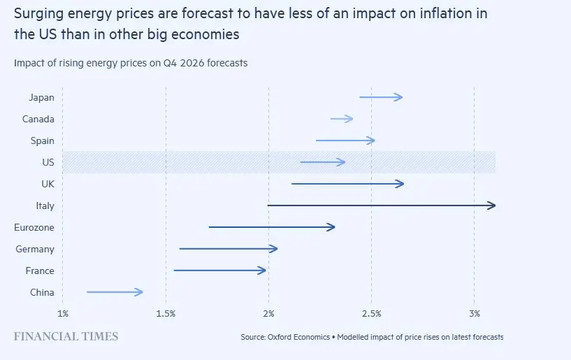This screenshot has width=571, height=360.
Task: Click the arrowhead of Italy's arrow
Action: tap(493, 206)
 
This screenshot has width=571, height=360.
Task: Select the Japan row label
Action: tap(42, 97)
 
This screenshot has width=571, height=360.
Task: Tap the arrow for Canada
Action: tap(342, 119)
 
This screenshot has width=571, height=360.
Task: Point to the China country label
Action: tap(42, 292)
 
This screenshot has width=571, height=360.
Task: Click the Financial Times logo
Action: tap(66, 336)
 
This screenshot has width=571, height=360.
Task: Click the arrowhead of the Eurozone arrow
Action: tap(333, 227)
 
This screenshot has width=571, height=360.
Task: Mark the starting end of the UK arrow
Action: tap(292, 184)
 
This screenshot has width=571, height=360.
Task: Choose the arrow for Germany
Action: tap(228, 249)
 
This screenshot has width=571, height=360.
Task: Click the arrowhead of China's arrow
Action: tap(140, 292)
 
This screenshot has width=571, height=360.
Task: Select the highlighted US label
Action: tap(48, 162)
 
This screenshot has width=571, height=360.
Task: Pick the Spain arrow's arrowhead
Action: tap(373, 141)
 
